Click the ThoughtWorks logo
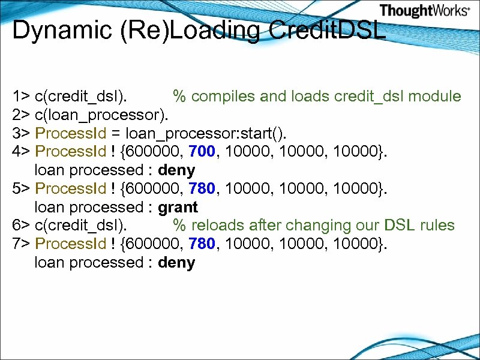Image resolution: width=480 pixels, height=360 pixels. tap(424, 11)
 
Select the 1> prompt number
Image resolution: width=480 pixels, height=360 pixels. tap(21, 96)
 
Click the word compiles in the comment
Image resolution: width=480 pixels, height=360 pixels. tap(230, 96)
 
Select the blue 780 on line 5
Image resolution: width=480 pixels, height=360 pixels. tap(201, 189)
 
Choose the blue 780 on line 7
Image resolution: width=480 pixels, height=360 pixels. tap(201, 244)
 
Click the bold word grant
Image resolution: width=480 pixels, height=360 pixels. tap(178, 208)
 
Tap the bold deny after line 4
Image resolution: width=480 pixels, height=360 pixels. tap(176, 170)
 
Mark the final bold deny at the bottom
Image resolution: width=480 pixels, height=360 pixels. tap(176, 263)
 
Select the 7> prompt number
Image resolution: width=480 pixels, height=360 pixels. tap(21, 244)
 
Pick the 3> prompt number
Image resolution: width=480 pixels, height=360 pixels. tap(21, 133)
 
